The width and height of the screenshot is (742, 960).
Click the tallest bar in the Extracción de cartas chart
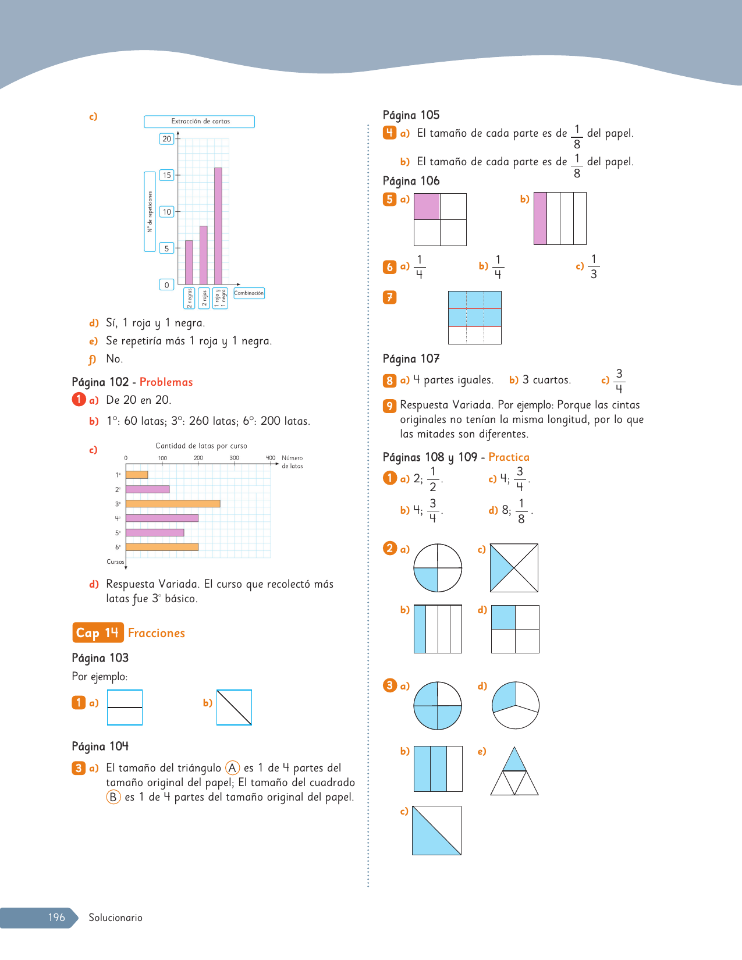[x=218, y=226]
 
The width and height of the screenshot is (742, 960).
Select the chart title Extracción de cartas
[x=200, y=121]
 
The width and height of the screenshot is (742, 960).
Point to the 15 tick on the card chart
[x=166, y=175]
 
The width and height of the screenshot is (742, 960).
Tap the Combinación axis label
[x=249, y=293]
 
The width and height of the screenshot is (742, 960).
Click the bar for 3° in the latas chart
[x=173, y=504]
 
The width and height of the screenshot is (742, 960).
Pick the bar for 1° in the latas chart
[x=137, y=475]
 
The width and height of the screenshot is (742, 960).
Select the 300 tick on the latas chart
[x=234, y=458]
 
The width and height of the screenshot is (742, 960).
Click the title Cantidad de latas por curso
[x=201, y=446]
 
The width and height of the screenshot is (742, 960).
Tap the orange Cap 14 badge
[x=98, y=632]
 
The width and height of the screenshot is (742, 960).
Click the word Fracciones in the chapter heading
[x=157, y=633]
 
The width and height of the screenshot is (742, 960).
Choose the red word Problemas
[x=166, y=382]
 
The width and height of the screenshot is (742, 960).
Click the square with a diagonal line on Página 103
[x=234, y=707]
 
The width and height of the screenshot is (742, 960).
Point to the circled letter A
[x=232, y=768]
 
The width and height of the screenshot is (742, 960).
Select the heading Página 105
[x=411, y=115]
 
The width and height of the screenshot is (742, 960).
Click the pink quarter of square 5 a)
[x=427, y=207]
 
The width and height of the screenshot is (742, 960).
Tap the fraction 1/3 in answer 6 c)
[x=594, y=266]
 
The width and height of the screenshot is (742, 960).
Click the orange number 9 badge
[x=389, y=406]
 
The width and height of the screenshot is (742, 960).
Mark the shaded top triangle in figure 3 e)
[x=514, y=759]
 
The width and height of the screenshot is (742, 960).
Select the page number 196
[x=56, y=917]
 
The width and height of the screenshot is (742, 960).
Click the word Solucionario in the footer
[x=115, y=918]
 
